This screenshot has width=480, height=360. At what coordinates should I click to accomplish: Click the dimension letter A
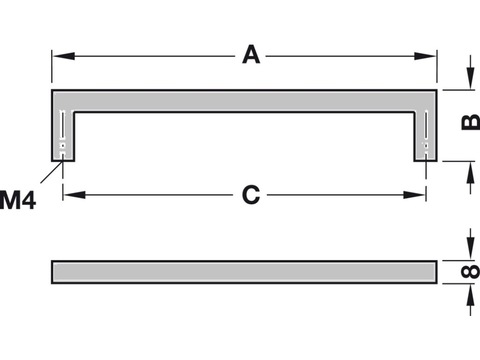point(251,56)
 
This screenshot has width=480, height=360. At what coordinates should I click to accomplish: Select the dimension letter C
point(251,195)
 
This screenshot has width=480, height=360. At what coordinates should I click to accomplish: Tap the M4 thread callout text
point(18,200)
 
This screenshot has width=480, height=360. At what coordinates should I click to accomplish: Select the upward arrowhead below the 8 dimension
point(470,292)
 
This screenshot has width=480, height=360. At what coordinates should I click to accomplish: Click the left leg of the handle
point(62,136)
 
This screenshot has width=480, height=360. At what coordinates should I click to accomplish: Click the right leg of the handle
point(426,136)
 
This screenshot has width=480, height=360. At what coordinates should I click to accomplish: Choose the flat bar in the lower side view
point(244,272)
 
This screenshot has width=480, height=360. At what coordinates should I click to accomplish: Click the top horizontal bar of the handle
point(244,100)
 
